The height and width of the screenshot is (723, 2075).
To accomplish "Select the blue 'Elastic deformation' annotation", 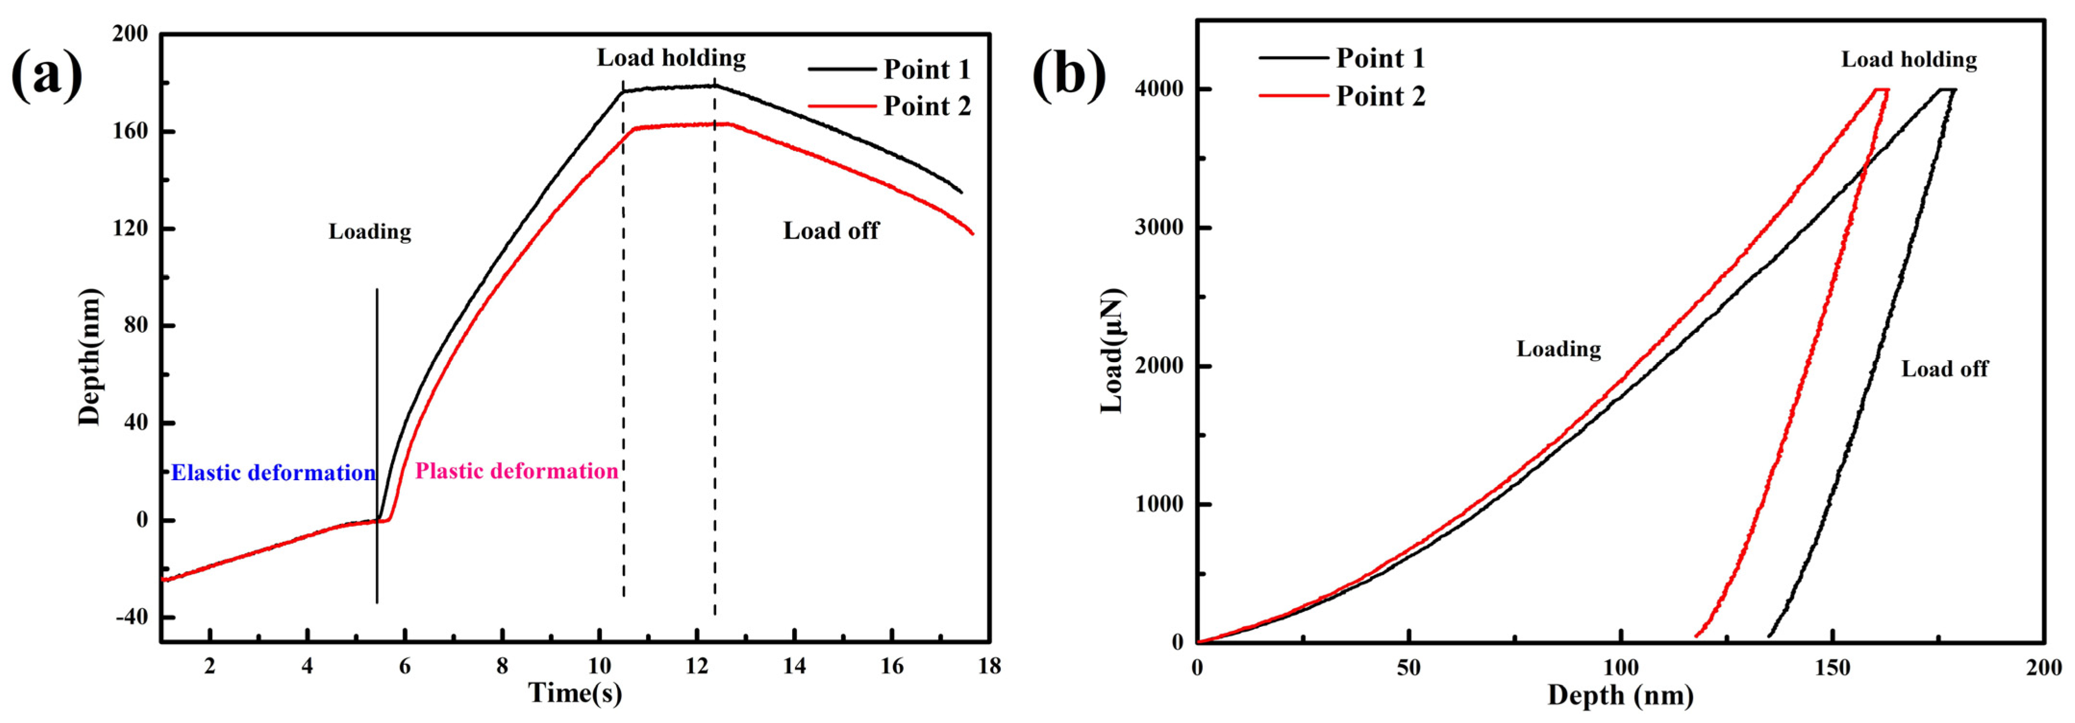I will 273,473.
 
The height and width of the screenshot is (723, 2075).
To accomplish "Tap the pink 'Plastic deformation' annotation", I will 516,471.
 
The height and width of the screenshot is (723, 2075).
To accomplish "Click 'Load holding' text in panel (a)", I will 671,57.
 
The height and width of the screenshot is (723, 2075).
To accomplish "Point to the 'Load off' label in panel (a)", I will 831,231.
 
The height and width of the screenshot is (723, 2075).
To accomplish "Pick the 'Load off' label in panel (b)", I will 1945,369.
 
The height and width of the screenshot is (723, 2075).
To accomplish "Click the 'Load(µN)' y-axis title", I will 1112,350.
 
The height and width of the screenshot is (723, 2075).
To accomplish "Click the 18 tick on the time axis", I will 989,667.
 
